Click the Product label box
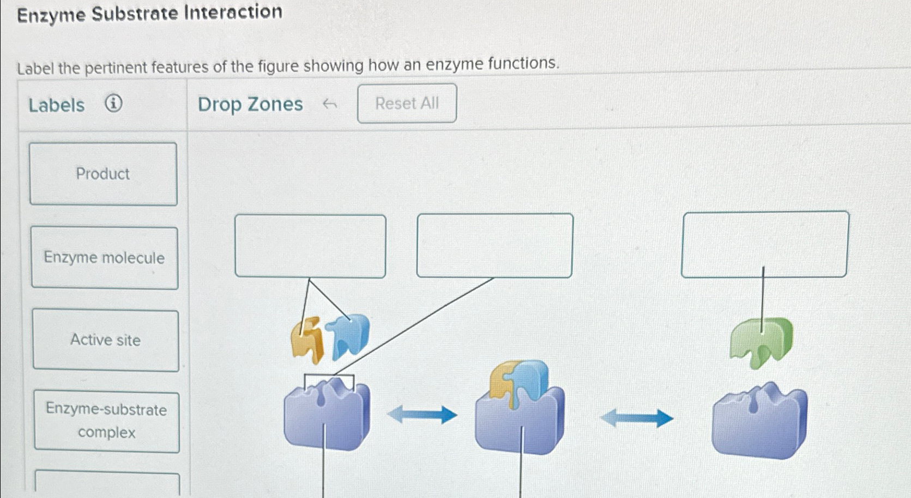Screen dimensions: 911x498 (103, 174)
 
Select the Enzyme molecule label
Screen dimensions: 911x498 (104, 258)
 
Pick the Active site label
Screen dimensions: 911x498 (106, 341)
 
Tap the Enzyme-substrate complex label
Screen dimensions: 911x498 (106, 421)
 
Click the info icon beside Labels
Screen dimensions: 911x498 (113, 103)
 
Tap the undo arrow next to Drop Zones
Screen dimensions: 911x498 (329, 104)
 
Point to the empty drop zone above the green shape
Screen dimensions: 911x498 (765, 244)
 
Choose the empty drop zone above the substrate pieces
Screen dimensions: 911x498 (310, 246)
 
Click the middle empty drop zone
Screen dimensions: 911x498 (494, 246)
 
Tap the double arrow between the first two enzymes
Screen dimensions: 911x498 (422, 415)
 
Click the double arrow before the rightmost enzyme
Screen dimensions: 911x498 (636, 418)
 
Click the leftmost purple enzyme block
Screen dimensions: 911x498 (327, 417)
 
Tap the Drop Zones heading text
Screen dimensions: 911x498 (250, 104)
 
